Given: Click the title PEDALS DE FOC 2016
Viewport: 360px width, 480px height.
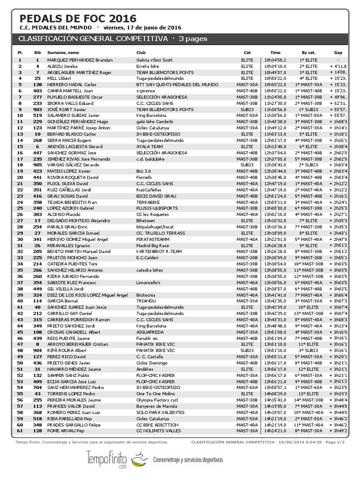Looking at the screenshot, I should pos(78,18).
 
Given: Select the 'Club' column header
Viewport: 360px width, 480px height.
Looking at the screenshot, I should pos(141,52).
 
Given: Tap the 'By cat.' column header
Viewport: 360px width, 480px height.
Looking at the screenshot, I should pos(308,52).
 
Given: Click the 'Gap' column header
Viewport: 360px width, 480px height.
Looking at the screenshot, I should pos(338,52).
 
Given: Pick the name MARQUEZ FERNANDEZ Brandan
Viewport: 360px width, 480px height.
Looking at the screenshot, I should pos(80,60).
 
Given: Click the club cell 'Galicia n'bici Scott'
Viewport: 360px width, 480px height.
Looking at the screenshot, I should pos(154,60).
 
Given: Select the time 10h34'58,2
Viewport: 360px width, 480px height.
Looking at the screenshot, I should pos(275,60).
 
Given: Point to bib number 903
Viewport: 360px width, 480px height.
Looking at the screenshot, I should pos(37,109).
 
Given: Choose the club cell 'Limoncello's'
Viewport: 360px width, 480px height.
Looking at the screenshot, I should pos(148,283).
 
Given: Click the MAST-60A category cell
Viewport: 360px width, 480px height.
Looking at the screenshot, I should pos(247,388).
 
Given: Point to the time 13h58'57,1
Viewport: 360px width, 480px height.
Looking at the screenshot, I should pos(275,388).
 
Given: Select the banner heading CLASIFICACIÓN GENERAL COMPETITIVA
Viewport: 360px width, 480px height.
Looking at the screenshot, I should pos(93,38).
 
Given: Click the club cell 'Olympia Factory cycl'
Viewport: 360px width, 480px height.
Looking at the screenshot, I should pos(157,400).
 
